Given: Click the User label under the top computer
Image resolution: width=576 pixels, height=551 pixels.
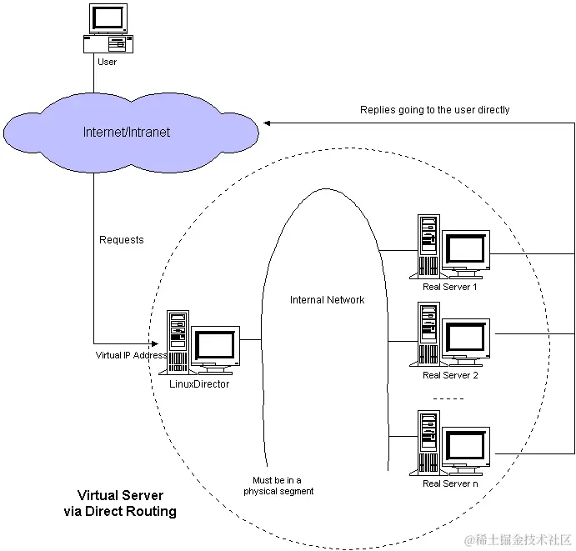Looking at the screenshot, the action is click(107, 62).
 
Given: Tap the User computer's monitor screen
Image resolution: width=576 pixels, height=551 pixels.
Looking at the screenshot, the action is click(108, 18).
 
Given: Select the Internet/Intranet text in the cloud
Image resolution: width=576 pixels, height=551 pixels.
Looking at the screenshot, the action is click(127, 132).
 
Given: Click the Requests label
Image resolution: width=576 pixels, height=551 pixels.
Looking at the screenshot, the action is click(121, 240).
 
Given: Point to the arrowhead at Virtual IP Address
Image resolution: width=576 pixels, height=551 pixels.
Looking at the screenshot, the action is click(155, 343).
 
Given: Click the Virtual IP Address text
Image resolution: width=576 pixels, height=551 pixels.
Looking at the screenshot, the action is click(131, 355).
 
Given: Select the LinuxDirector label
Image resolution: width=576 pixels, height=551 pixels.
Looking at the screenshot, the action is click(199, 383).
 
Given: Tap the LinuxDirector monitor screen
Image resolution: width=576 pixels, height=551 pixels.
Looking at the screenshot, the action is click(215, 344).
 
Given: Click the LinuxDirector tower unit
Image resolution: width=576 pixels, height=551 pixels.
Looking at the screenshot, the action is click(178, 342).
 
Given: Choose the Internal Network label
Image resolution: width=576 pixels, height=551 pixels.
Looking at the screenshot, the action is click(327, 300).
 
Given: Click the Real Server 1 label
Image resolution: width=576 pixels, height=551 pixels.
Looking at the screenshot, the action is click(449, 287).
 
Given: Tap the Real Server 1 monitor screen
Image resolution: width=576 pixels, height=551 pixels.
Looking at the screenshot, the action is click(465, 248).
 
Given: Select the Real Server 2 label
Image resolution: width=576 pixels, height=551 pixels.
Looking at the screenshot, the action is click(450, 375).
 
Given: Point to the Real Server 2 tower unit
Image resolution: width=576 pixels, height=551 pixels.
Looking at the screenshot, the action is click(428, 334).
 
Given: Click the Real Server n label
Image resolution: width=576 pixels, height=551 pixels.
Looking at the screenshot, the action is click(450, 483).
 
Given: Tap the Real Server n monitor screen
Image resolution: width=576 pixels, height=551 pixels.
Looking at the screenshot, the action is click(465, 445).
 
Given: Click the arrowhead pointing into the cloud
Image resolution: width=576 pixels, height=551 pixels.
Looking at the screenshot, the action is click(267, 123).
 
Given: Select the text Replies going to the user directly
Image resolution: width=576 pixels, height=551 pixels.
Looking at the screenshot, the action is click(434, 110).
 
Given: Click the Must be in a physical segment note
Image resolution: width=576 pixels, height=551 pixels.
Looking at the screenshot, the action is click(278, 486).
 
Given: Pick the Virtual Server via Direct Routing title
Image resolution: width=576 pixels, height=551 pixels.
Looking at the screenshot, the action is click(120, 503).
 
